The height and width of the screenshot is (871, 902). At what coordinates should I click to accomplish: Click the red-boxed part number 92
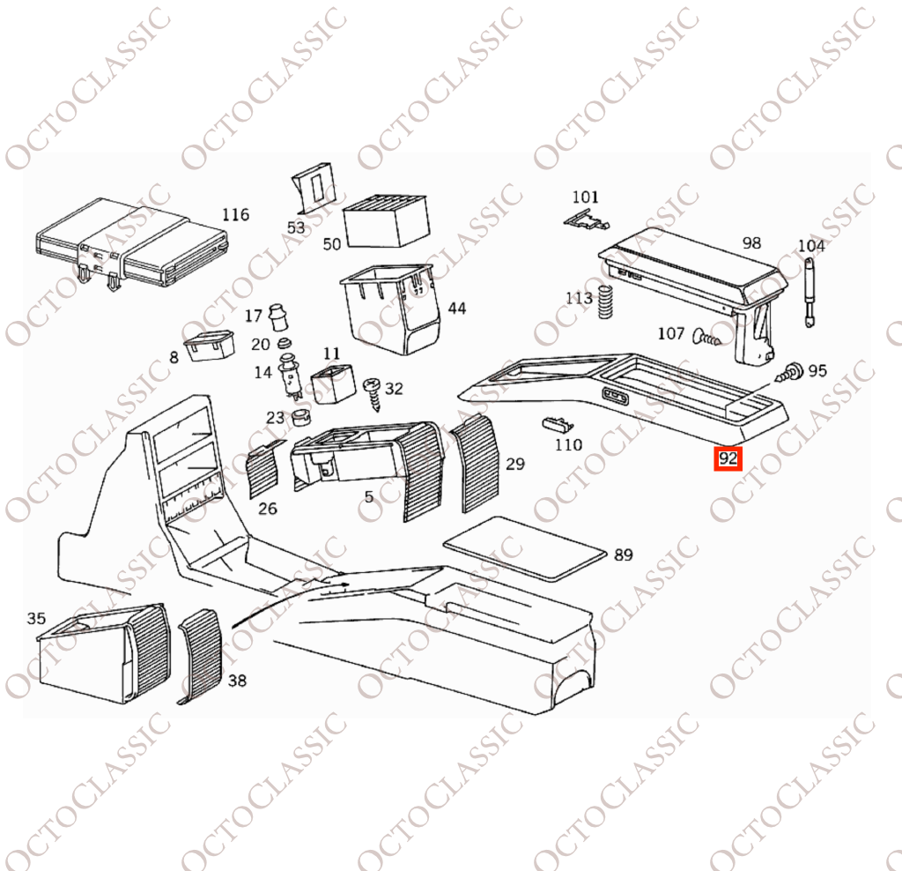point(728,458)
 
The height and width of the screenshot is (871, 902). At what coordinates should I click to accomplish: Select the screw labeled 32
point(373,393)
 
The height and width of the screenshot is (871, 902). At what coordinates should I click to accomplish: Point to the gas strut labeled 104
point(809,293)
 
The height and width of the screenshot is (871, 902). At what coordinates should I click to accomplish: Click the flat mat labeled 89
point(526,547)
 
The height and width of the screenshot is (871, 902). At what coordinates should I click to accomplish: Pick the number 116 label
point(236,215)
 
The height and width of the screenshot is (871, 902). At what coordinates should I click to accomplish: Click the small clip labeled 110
point(558,425)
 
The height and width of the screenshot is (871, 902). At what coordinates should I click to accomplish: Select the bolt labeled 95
point(790,372)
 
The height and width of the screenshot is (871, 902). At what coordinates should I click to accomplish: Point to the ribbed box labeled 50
point(386,220)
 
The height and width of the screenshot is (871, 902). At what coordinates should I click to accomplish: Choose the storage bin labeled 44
point(395,309)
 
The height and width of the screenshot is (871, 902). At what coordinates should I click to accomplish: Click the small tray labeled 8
point(209,345)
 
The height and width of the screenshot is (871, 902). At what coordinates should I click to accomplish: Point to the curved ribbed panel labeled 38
point(200,656)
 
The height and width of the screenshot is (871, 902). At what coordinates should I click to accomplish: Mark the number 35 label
point(35,618)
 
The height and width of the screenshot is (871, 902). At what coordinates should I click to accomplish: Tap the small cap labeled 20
point(283,344)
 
